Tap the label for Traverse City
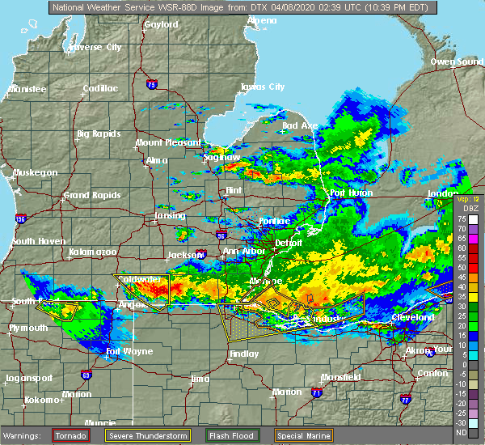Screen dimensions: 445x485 (96, 47)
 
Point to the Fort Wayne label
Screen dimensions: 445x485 (127, 351)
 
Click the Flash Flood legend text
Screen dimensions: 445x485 (229, 435)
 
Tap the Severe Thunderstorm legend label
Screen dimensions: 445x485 (148, 435)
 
